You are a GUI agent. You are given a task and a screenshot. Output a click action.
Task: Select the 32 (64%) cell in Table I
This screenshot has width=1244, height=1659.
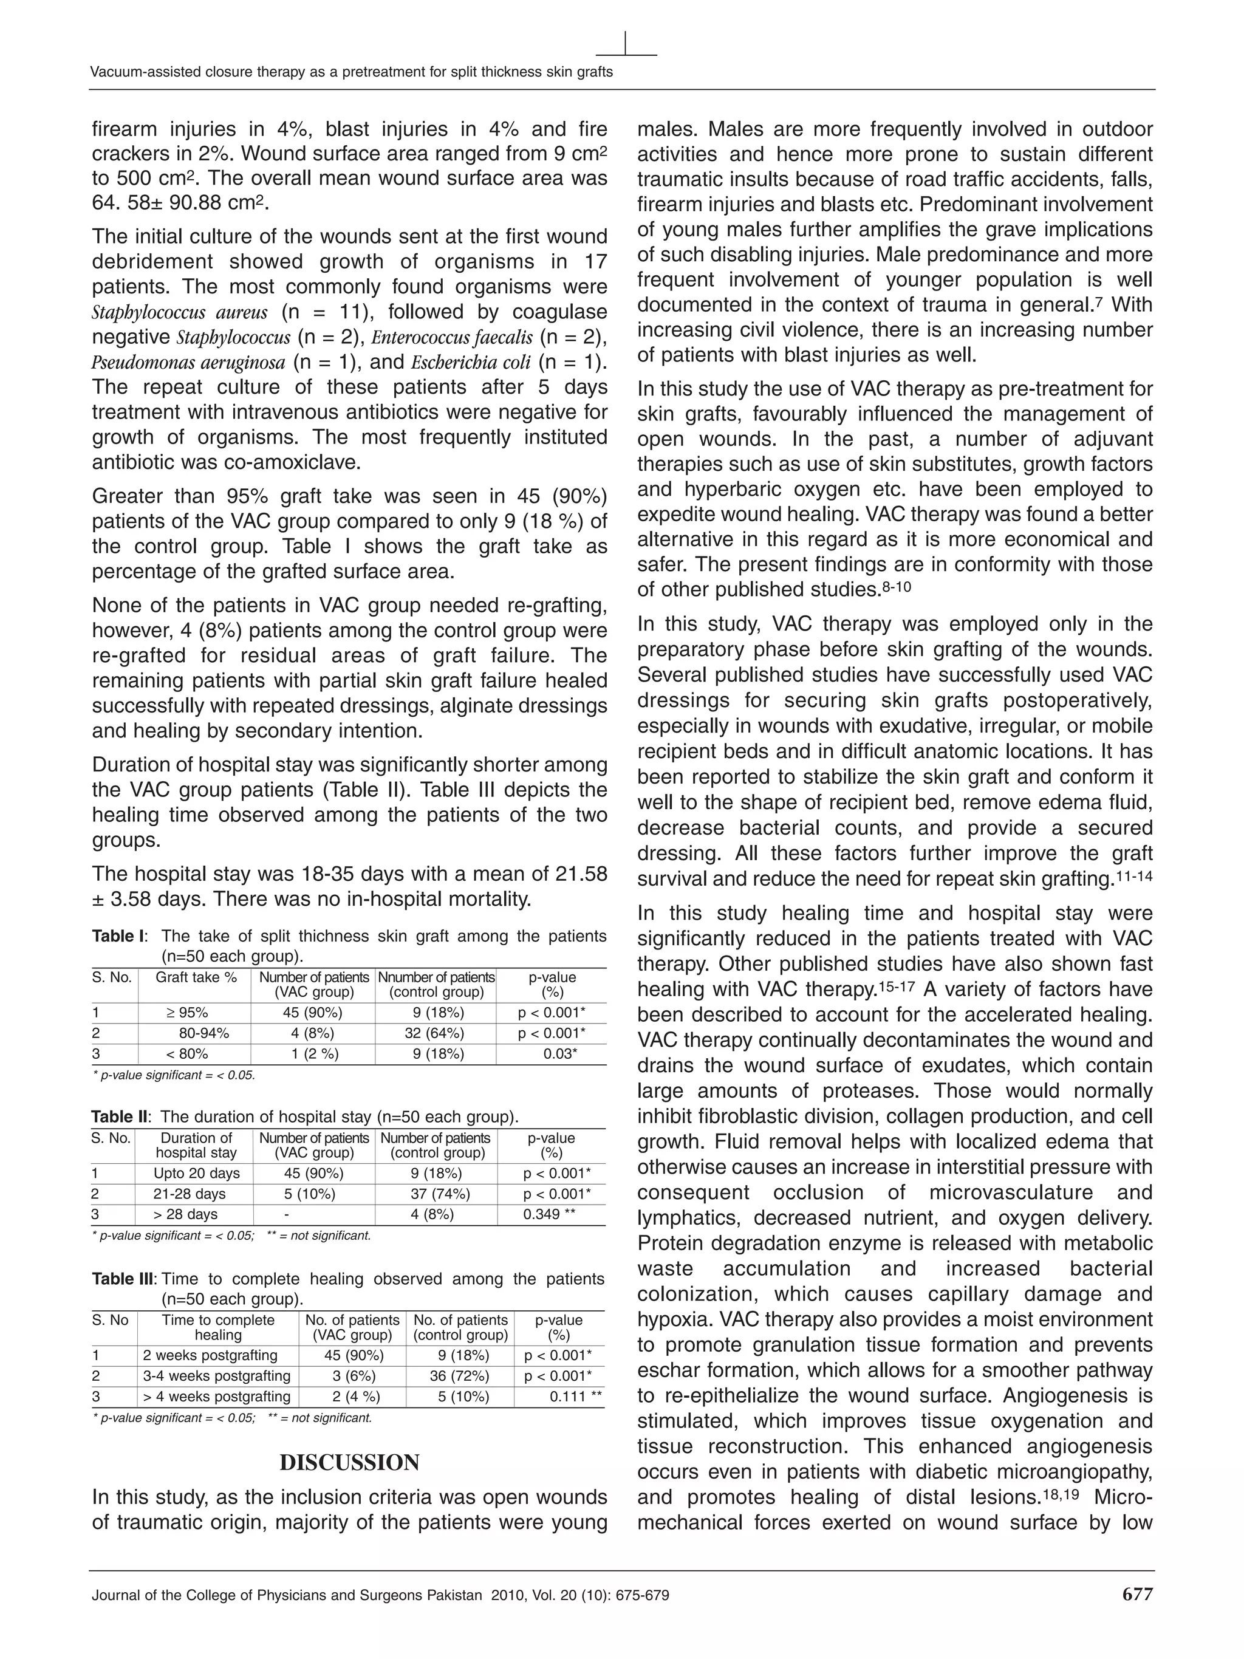coord(434,1033)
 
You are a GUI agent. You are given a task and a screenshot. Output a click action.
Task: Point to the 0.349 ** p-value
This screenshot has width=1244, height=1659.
coord(549,1214)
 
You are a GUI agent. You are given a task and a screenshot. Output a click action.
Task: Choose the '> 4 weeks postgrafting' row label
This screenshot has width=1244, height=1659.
coord(217,1396)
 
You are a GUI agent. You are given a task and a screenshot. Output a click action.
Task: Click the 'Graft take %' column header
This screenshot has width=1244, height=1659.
coord(196,977)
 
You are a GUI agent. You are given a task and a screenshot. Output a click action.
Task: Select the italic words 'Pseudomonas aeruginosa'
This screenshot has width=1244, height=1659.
coord(188,362)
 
